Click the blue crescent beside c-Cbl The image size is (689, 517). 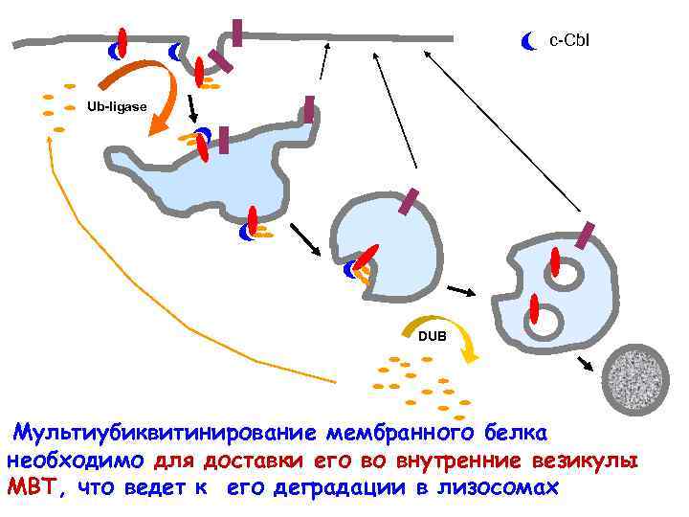[528, 41]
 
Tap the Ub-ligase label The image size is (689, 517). [117, 107]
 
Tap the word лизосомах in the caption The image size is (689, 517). [501, 487]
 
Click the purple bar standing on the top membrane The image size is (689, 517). [236, 33]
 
